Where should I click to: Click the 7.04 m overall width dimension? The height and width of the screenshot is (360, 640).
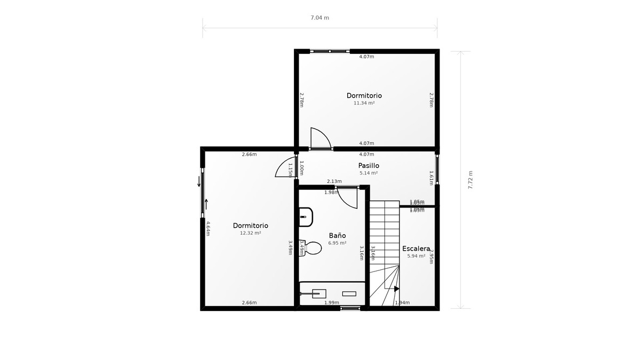(x=320, y=18)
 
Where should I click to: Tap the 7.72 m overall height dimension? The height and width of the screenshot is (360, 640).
(x=470, y=180)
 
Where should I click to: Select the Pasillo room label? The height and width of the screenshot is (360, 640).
(x=369, y=165)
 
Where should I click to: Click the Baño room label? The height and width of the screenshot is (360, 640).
(x=337, y=235)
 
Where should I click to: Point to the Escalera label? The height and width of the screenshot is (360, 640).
(x=416, y=249)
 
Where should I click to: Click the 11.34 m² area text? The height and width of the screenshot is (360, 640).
(x=364, y=103)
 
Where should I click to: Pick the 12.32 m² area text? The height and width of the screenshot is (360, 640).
(x=250, y=233)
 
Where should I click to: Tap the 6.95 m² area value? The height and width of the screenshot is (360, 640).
(x=337, y=243)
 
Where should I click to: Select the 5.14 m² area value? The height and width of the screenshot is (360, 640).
(x=369, y=173)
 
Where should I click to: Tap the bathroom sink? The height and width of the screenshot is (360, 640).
(x=306, y=217)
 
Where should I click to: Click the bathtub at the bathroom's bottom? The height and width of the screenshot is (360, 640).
(x=332, y=293)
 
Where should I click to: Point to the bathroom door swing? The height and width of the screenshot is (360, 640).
(x=348, y=198)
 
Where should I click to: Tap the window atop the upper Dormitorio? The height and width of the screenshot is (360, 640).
(x=330, y=51)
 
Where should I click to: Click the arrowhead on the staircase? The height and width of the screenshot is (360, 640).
(x=396, y=289)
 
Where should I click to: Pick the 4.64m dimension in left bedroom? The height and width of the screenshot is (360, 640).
(x=207, y=228)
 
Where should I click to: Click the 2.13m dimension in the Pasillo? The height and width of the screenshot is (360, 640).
(x=334, y=181)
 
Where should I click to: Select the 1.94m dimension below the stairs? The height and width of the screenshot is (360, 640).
(x=402, y=303)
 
